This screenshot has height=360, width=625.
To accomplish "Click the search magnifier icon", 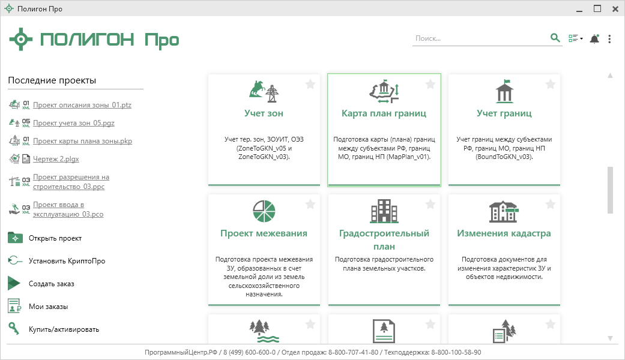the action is [x=555, y=38].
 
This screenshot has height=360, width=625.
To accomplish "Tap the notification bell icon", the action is [x=594, y=38].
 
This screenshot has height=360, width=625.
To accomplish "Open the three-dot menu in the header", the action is [x=609, y=38].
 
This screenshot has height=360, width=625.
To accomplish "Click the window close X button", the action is [x=615, y=9].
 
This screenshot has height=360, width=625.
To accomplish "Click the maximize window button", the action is [x=597, y=9].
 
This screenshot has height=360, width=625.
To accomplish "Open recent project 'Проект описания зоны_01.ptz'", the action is [x=82, y=105].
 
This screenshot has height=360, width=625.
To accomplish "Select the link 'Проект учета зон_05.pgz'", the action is [x=74, y=122].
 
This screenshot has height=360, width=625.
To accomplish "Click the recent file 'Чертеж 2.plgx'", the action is [x=56, y=159].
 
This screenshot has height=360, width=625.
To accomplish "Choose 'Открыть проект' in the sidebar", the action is [x=55, y=238].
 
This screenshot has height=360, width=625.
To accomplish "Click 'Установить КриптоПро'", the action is [x=67, y=261].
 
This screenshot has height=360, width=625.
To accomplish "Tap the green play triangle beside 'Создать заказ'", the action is [x=14, y=284].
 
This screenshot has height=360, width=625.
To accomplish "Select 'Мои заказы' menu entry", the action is [x=48, y=307].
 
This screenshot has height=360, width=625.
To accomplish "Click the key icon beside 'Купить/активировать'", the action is [x=14, y=329].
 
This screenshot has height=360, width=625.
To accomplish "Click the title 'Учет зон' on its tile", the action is [x=264, y=113].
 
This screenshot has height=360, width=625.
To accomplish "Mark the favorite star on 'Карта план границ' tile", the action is [x=430, y=84].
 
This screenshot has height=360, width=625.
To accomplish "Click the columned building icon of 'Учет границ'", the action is [x=504, y=91].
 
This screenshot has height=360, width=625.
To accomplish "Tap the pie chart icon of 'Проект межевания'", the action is [x=264, y=211].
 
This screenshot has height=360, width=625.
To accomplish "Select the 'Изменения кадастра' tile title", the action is [x=504, y=233].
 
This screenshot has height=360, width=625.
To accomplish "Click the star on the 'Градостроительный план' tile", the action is [x=430, y=204].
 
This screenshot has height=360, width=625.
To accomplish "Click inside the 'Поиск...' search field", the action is [x=480, y=38].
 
